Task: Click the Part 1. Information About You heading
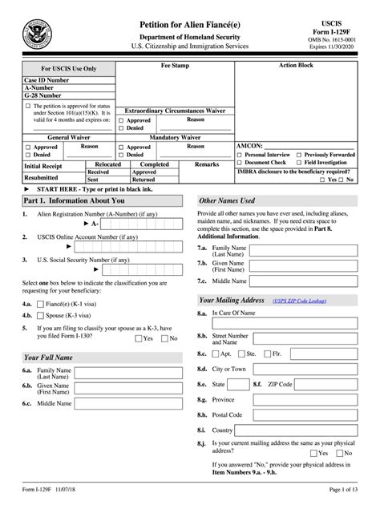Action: tap(75, 200)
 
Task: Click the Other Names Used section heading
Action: tap(227, 200)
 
